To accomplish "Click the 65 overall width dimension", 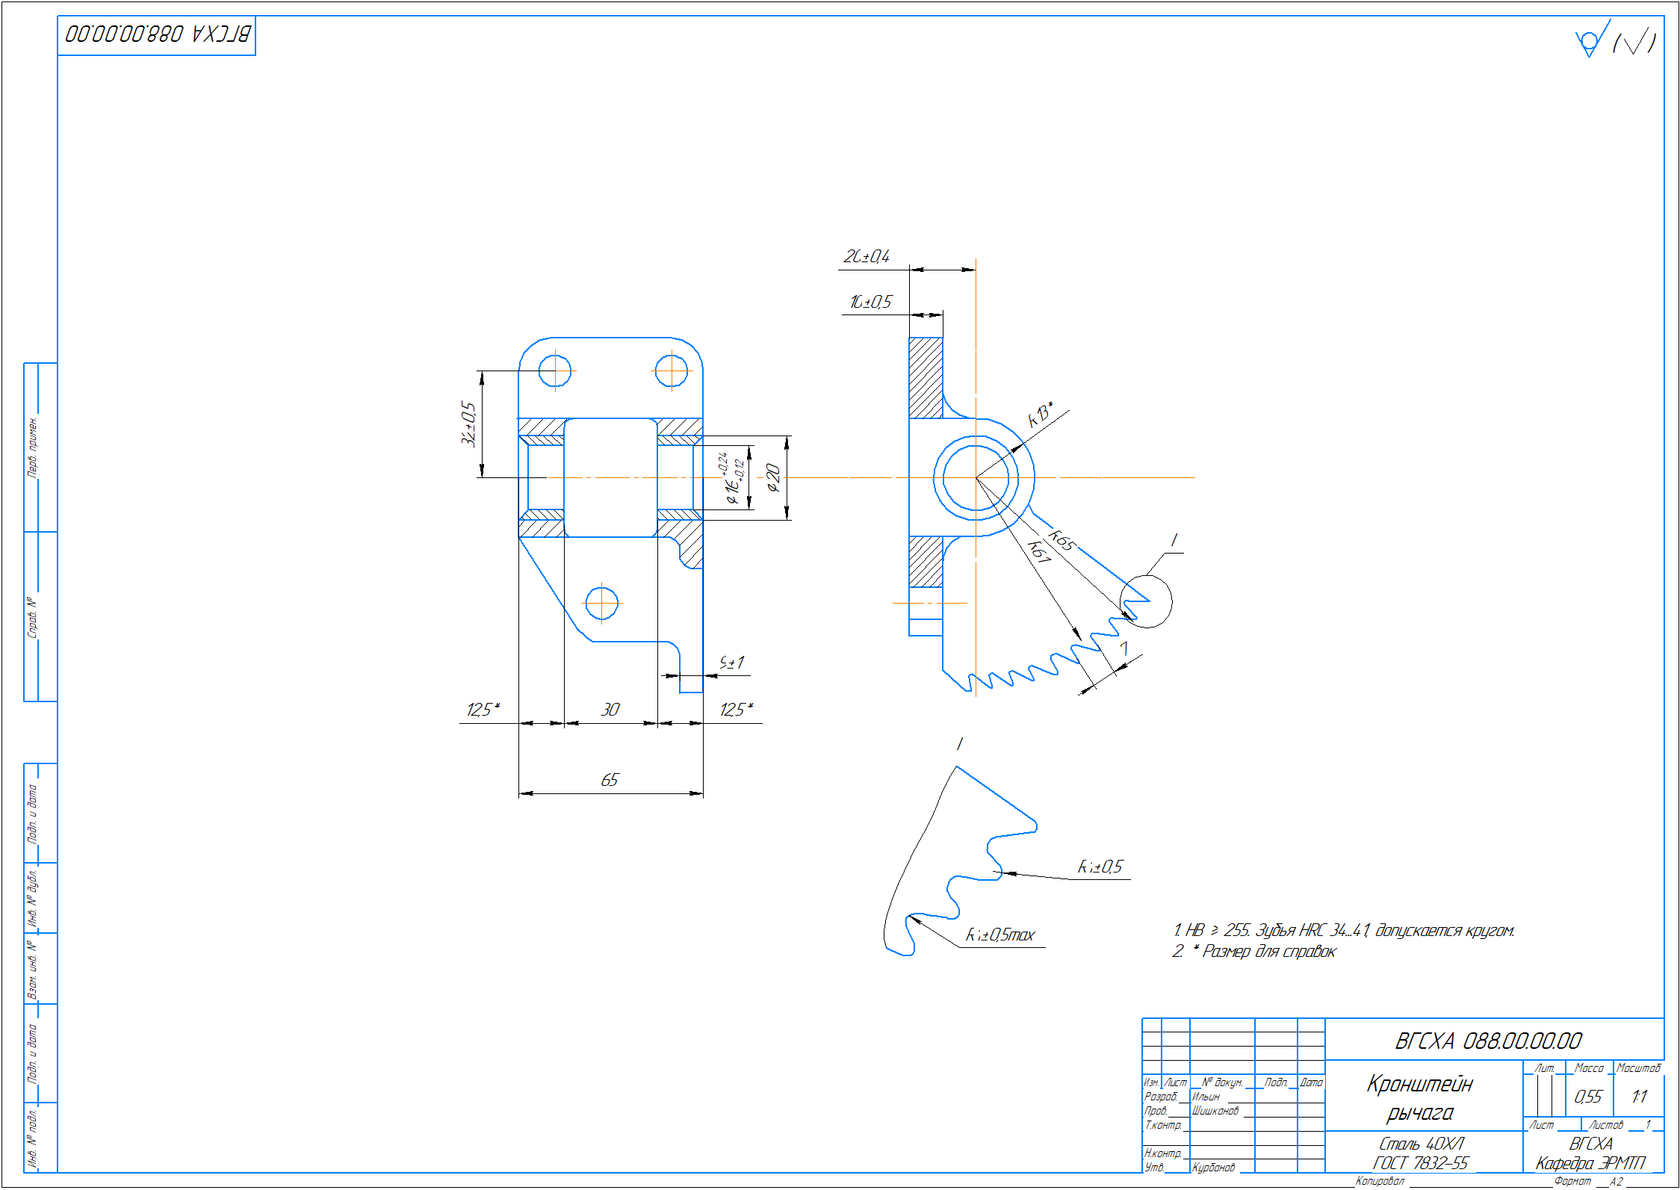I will pos(610,780).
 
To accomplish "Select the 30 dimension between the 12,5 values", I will pos(610,710).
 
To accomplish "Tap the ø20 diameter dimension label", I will pos(773,478).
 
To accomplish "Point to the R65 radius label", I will pos(1061,539).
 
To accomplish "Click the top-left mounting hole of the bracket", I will pos(555,371).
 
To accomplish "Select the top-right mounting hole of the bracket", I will pos(671,371).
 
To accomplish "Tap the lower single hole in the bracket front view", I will pos(601,603).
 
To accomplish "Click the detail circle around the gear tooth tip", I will pos(1146,601).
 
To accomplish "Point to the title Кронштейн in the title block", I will pos(1419,1084).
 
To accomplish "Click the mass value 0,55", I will pos(1587,1097).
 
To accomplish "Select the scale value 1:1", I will pos(1639,1097).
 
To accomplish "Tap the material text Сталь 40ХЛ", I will pos(1421,1144).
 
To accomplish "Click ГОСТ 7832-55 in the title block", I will pos(1421,1163).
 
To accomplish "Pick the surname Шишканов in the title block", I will pos(1215,1111).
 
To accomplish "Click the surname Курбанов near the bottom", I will pos(1213,1167).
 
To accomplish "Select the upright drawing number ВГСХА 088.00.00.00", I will pos(1488,1041).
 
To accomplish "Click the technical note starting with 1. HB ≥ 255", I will pos(1343,930).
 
